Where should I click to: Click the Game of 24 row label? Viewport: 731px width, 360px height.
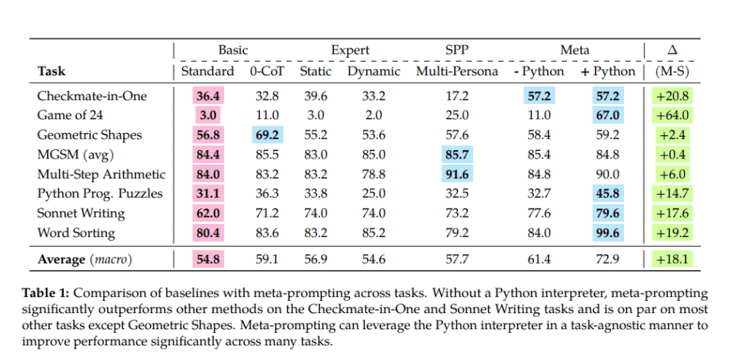click(72, 115)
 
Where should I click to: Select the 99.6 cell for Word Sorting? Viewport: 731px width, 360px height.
click(608, 232)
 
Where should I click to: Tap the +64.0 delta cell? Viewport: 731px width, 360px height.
click(673, 115)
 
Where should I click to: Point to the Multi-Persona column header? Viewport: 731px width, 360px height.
click(457, 72)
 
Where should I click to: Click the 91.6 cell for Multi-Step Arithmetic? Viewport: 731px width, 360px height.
click(457, 174)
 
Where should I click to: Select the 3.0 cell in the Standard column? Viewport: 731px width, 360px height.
click(208, 115)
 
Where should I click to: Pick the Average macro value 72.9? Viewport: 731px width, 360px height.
click(608, 260)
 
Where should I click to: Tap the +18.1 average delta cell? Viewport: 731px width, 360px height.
click(673, 260)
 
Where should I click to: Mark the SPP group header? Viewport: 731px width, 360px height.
click(457, 50)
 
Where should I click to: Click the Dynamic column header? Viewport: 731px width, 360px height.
click(374, 72)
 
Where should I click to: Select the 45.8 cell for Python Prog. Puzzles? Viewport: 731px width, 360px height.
click(608, 194)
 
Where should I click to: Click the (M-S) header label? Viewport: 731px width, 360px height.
click(673, 72)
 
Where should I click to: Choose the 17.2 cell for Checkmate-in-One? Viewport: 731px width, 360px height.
click(457, 96)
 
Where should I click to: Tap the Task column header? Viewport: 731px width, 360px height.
click(52, 72)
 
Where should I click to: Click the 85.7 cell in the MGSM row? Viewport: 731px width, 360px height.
click(457, 155)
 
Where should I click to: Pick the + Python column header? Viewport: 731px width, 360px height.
click(608, 72)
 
